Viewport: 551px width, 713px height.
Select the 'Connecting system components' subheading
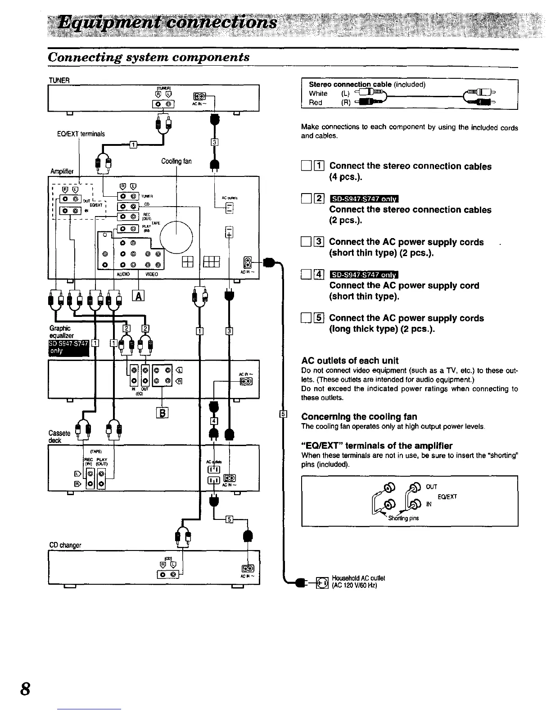tap(149, 57)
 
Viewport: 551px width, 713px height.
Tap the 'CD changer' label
tap(65, 545)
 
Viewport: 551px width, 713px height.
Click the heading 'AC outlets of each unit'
tap(350, 361)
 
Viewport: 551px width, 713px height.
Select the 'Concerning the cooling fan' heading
tap(359, 416)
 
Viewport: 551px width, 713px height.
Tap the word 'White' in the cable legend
tap(318, 94)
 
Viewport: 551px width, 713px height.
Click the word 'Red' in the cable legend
tap(315, 103)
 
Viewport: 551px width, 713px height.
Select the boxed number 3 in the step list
tap(318, 242)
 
